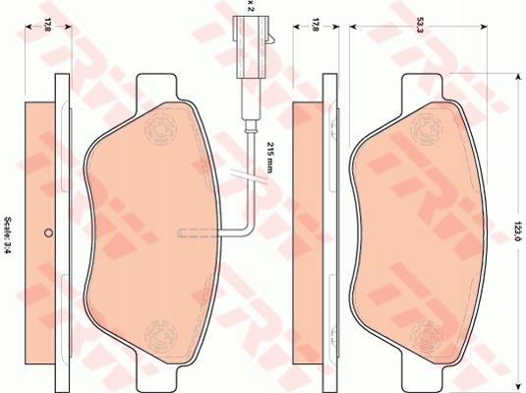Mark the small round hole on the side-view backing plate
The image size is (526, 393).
(48, 233)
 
